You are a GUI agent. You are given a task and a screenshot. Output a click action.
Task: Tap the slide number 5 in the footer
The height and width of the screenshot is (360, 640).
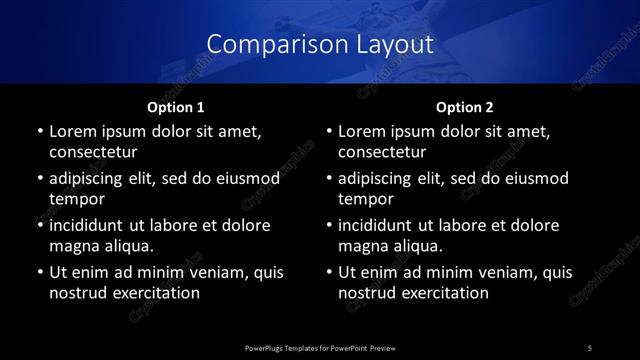tap(590, 346)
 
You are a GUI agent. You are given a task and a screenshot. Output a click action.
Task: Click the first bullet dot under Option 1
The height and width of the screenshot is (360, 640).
tap(39, 132)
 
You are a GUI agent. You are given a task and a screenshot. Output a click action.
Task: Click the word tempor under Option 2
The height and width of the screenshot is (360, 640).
tap(365, 199)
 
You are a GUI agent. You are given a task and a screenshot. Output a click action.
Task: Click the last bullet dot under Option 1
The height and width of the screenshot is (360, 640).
tap(39, 272)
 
